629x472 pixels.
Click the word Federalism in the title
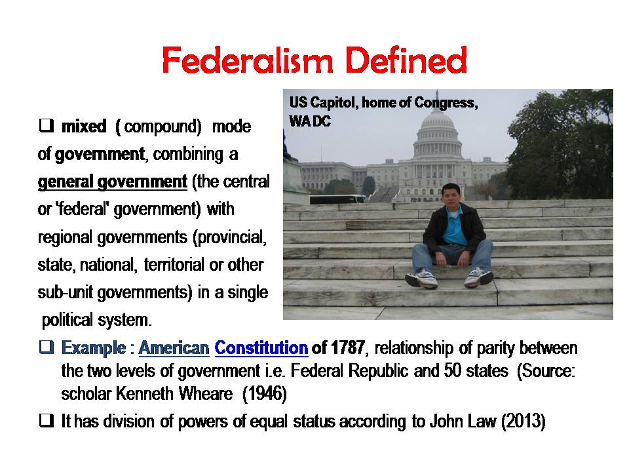click(248, 60)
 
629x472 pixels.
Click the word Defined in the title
click(406, 60)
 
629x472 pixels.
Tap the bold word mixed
click(84, 126)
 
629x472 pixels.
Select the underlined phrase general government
click(112, 182)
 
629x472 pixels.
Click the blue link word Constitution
click(261, 347)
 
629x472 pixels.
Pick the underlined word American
click(174, 347)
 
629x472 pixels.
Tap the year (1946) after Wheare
click(264, 394)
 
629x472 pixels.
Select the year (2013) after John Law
click(523, 422)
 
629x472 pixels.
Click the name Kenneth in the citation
click(142, 394)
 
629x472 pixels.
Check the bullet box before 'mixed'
click(46, 126)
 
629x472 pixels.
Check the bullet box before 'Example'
click(46, 347)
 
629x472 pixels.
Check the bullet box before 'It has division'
click(46, 421)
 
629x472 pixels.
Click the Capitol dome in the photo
click(437, 129)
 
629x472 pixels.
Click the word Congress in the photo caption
click(446, 103)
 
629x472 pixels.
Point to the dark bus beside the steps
click(337, 199)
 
